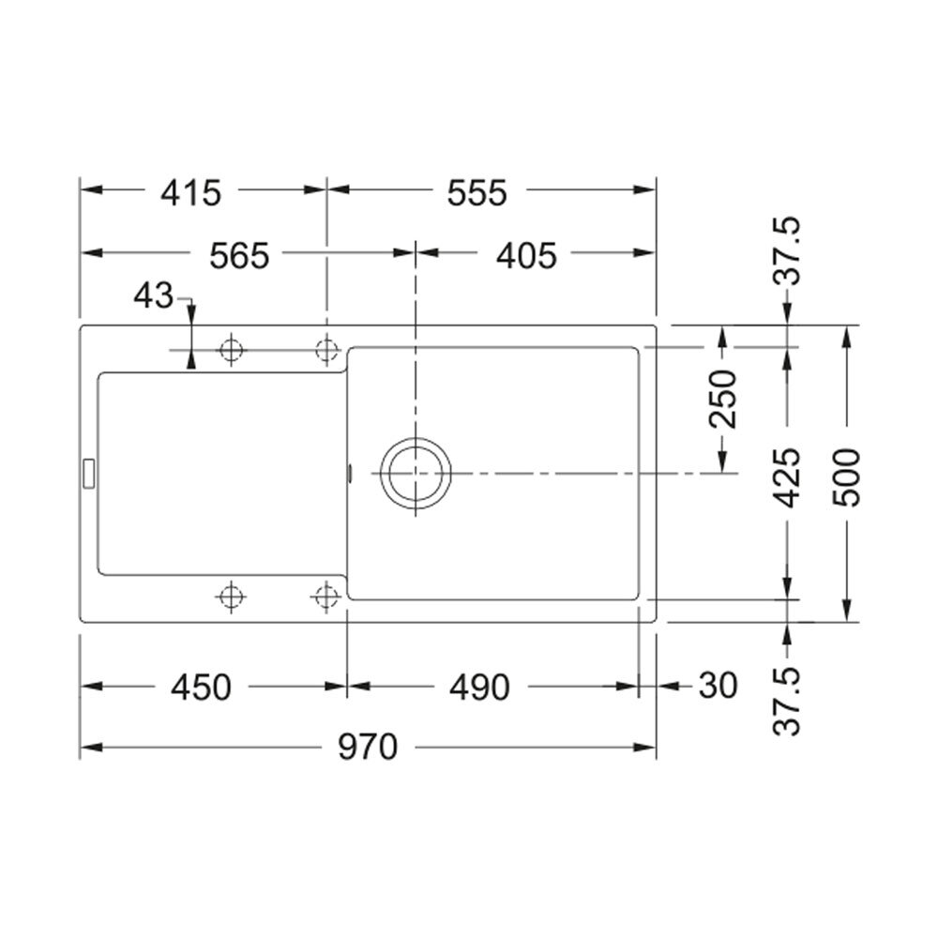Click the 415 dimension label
click(190, 192)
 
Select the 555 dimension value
click(477, 192)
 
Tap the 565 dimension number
click(239, 256)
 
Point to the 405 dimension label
click(526, 256)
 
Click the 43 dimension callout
click(153, 295)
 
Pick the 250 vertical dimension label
click(722, 399)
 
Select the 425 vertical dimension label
click(786, 477)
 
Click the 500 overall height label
click(846, 477)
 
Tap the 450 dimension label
click(201, 687)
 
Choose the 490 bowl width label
click(479, 687)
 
